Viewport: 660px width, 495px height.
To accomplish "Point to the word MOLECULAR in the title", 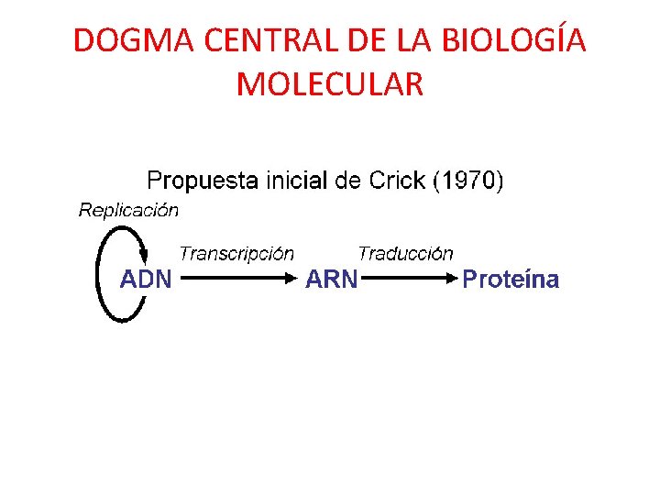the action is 330,83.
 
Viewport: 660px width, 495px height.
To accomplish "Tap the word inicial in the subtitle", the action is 296,180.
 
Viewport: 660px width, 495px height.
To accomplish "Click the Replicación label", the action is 128,211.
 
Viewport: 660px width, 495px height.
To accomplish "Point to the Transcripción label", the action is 236,252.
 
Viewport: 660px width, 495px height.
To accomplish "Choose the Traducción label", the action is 405,252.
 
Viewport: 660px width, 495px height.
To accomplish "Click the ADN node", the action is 146,279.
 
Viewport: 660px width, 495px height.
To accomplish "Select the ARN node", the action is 331,279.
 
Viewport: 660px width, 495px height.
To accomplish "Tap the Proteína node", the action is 511,279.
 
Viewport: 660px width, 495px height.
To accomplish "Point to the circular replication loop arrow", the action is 101,275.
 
